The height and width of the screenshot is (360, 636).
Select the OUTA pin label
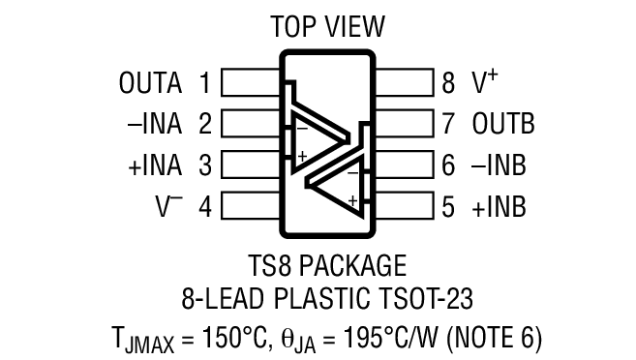tap(150, 83)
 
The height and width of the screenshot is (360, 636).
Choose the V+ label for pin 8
tap(485, 82)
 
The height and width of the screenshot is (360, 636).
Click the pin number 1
tap(204, 83)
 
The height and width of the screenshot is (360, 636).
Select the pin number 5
tap(447, 206)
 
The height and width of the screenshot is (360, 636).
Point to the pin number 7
tap(447, 124)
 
